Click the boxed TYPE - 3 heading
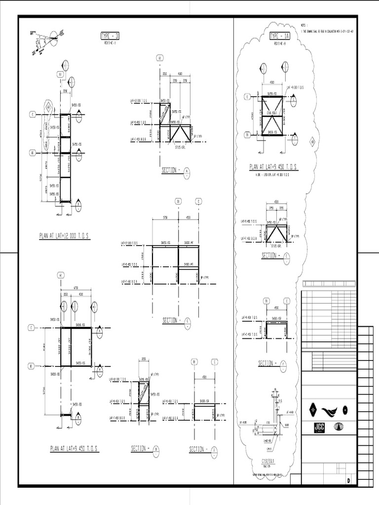(110, 36)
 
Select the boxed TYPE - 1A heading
(280, 36)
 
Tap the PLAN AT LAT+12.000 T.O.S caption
(65, 236)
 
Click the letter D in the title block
(348, 480)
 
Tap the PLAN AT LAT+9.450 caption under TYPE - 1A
(273, 167)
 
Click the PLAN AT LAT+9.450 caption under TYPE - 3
(74, 449)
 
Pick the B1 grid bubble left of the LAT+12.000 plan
(32, 152)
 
